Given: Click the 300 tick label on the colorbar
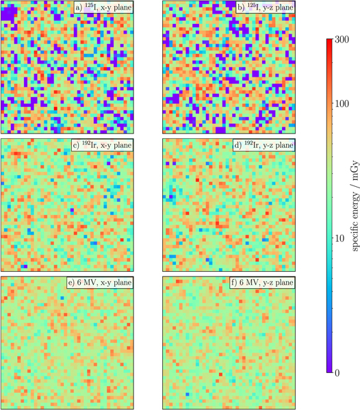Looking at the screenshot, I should [343, 41].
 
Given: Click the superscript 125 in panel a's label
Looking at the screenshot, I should [86, 6].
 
